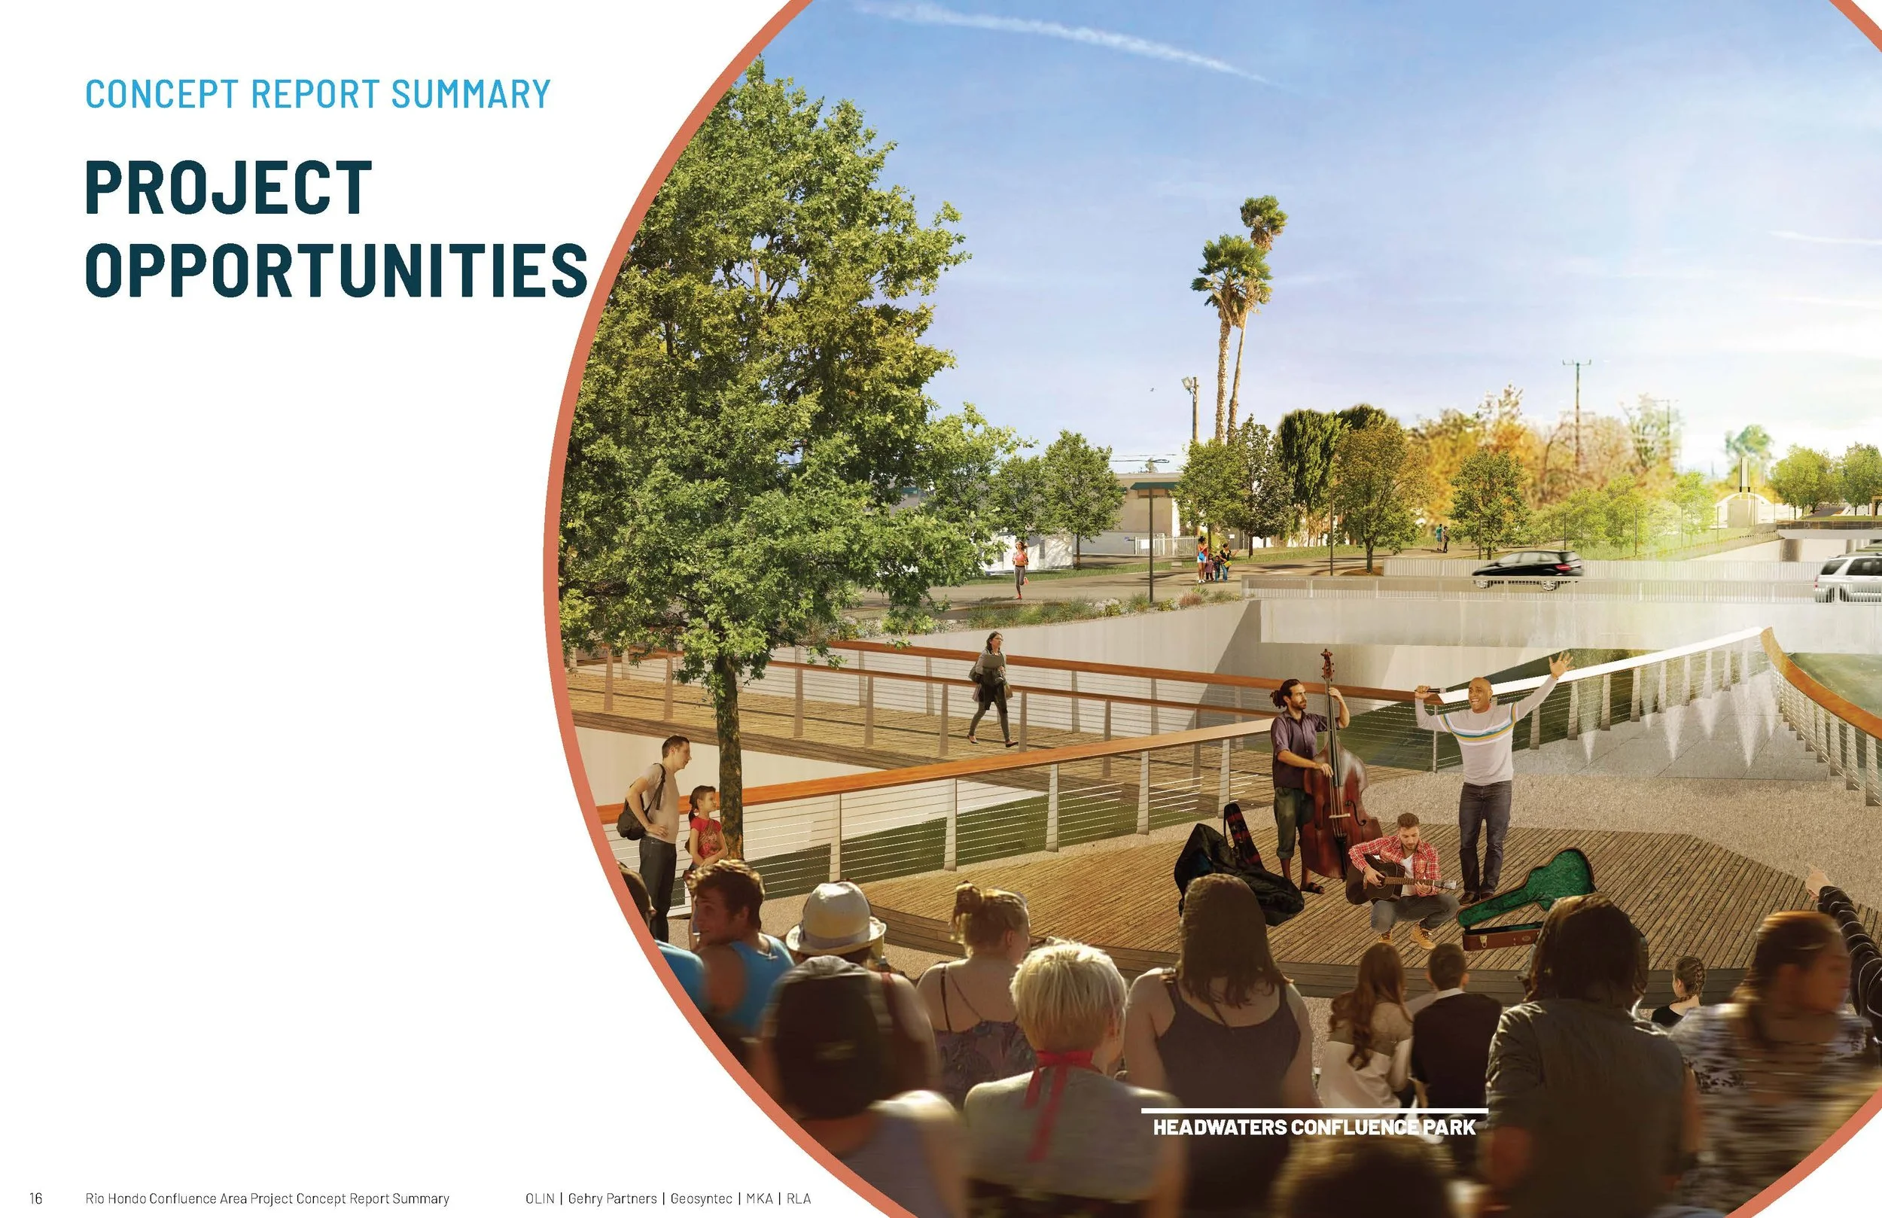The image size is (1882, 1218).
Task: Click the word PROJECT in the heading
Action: click(x=228, y=187)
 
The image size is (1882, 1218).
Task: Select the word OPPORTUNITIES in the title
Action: click(x=336, y=270)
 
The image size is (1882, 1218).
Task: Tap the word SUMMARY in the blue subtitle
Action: click(x=470, y=94)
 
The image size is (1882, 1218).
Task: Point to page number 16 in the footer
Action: click(x=35, y=1198)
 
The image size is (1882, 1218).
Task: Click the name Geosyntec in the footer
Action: click(x=701, y=1198)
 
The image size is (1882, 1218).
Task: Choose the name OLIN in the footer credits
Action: click(x=539, y=1198)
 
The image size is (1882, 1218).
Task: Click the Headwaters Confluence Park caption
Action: click(x=1314, y=1126)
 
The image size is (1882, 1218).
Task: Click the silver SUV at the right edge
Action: click(x=1850, y=577)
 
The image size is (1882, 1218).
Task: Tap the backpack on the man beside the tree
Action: click(x=632, y=818)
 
